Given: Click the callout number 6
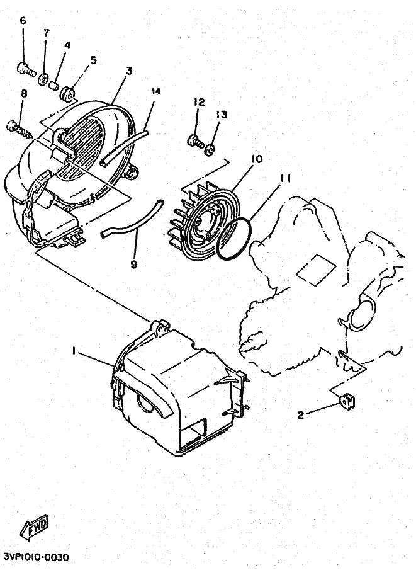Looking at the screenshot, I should click(x=23, y=21).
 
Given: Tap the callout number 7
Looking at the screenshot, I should click(x=46, y=33).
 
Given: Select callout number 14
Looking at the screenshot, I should click(x=156, y=91).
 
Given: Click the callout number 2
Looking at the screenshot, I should click(x=301, y=414).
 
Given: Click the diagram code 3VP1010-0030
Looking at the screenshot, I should click(x=37, y=557).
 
